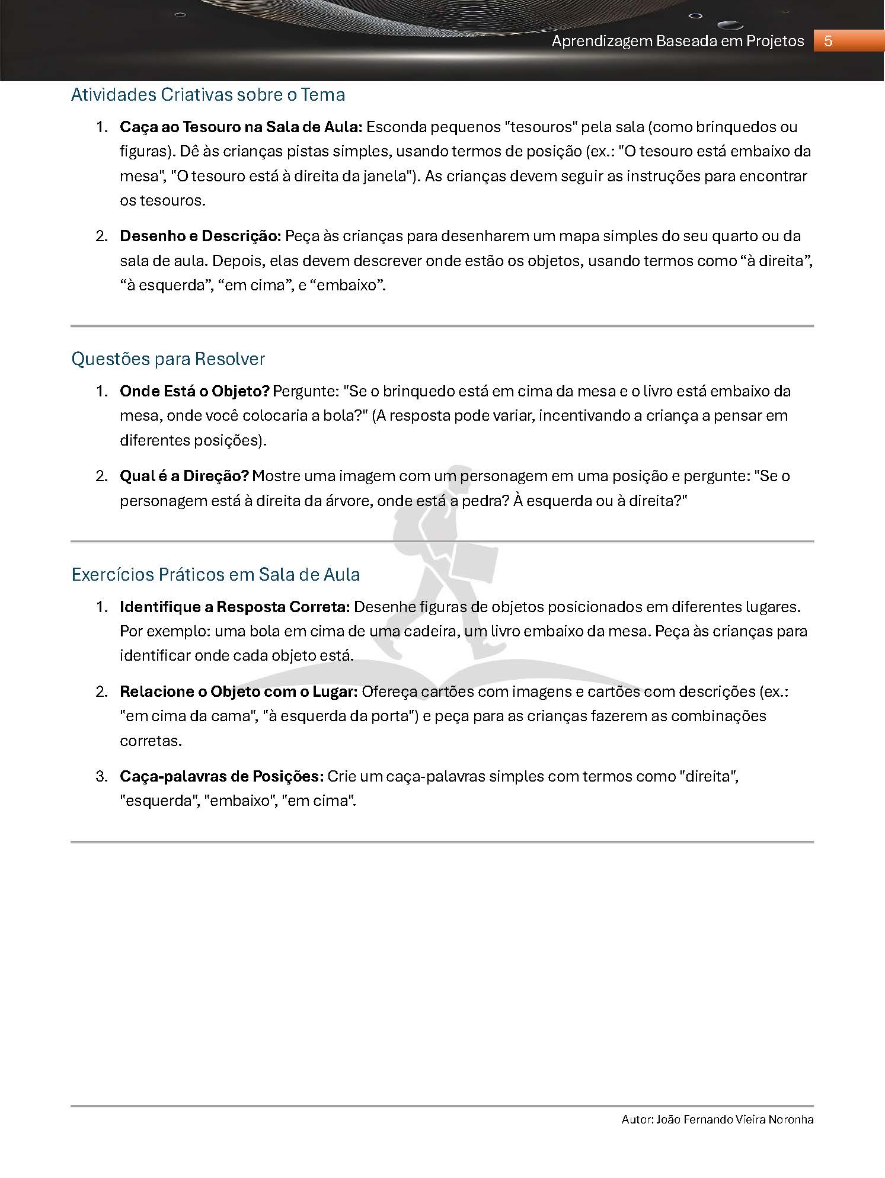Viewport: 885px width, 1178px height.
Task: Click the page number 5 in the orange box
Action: click(828, 41)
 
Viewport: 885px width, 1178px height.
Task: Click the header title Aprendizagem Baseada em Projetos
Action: click(678, 41)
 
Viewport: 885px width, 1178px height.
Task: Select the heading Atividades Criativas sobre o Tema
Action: click(208, 95)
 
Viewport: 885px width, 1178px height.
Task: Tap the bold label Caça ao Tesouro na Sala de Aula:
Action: click(241, 127)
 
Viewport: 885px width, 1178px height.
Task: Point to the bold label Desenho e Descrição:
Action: click(200, 236)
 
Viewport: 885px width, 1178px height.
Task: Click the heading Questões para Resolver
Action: click(168, 359)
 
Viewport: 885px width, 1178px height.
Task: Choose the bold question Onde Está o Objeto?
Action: click(194, 391)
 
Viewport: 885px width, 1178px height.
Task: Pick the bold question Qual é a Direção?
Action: click(184, 476)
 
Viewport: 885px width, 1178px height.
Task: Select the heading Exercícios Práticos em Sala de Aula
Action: click(215, 575)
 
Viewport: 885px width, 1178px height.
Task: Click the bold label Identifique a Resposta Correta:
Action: click(235, 607)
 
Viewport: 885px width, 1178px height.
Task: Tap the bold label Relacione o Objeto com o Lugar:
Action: click(238, 692)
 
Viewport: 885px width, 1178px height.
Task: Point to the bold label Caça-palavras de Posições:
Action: click(222, 776)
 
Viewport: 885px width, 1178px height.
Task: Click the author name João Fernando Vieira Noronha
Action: click(735, 1119)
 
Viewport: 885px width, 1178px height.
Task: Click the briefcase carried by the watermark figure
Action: click(474, 566)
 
